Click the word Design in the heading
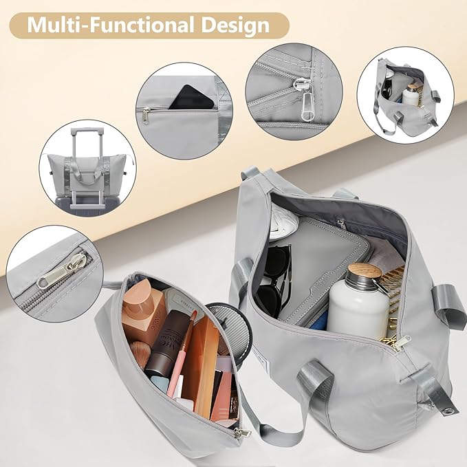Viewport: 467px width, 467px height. coord(235,25)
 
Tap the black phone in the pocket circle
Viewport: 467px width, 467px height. coord(191,98)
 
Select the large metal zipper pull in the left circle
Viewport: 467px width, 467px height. coord(61,272)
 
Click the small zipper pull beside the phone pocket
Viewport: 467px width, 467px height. coord(146,115)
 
